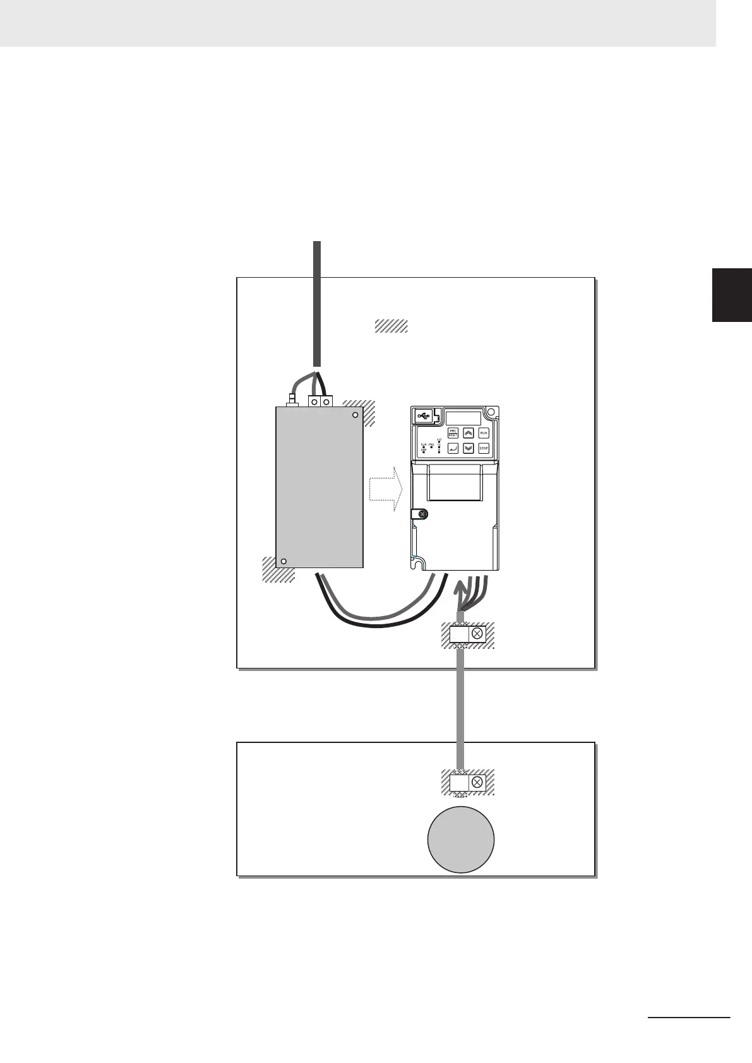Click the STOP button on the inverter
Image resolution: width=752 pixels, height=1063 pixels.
tap(484, 448)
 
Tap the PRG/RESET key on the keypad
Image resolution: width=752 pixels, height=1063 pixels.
tap(453, 433)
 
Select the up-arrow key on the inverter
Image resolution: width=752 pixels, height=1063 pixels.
tap(469, 433)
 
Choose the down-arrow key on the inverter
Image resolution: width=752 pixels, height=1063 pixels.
tap(469, 448)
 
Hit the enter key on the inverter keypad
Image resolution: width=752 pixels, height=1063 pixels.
tap(453, 448)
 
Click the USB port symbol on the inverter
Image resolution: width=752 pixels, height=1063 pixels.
tap(423, 415)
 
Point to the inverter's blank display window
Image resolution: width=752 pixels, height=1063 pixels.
tap(464, 417)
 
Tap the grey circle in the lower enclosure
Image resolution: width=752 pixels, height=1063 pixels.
tap(460, 840)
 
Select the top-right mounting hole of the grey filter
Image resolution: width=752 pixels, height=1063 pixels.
tap(355, 415)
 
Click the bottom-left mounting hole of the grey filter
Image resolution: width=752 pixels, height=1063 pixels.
tap(284, 561)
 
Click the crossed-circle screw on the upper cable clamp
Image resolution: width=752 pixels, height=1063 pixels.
tap(477, 634)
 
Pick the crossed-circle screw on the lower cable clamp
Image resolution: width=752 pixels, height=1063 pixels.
tap(477, 783)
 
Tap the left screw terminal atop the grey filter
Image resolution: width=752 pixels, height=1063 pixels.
tap(314, 402)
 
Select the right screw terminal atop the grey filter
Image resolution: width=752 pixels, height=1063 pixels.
tap(326, 402)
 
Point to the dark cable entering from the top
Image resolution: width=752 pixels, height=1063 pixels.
tap(318, 303)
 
